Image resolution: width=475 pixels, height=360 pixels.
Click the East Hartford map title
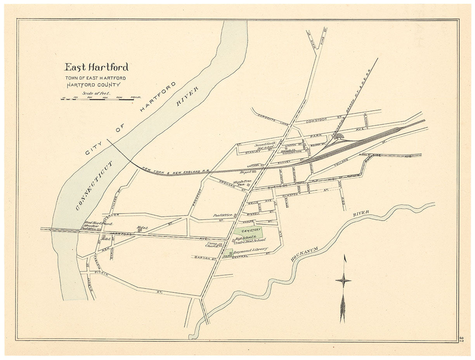[x=96, y=67]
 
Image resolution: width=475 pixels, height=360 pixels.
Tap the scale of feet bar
[x=97, y=99]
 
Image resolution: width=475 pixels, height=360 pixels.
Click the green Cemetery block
[x=248, y=231]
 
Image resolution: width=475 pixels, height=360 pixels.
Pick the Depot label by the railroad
[x=246, y=172]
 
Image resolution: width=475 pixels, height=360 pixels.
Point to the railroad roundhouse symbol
[x=339, y=136]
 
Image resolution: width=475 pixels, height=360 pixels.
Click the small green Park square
[x=228, y=253]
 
